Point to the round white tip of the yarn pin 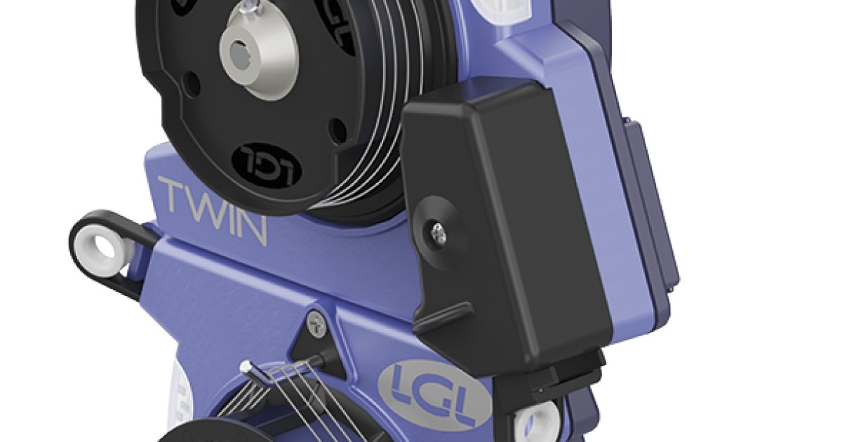246,366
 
